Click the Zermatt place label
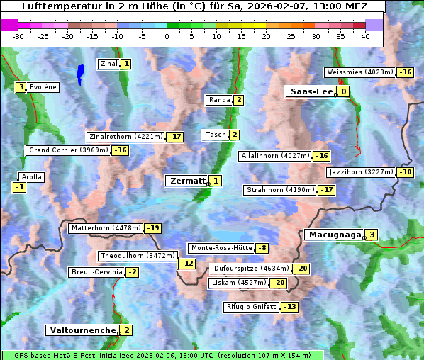click(x=186, y=181)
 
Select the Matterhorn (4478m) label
click(x=105, y=228)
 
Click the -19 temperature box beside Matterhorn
click(x=152, y=228)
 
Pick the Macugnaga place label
click(x=333, y=235)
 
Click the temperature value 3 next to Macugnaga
click(x=371, y=235)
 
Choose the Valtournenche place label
click(x=82, y=330)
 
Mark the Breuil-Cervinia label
click(x=95, y=272)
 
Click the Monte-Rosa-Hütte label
click(x=221, y=248)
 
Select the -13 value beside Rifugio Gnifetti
click(x=289, y=307)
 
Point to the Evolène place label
click(x=43, y=87)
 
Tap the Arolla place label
click(x=32, y=177)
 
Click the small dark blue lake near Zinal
click(x=80, y=72)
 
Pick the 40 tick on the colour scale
click(x=365, y=36)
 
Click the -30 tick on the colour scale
click(x=18, y=36)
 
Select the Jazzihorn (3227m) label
click(x=360, y=172)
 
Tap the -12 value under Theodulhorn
click(x=186, y=264)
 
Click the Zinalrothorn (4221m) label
click(x=125, y=136)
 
